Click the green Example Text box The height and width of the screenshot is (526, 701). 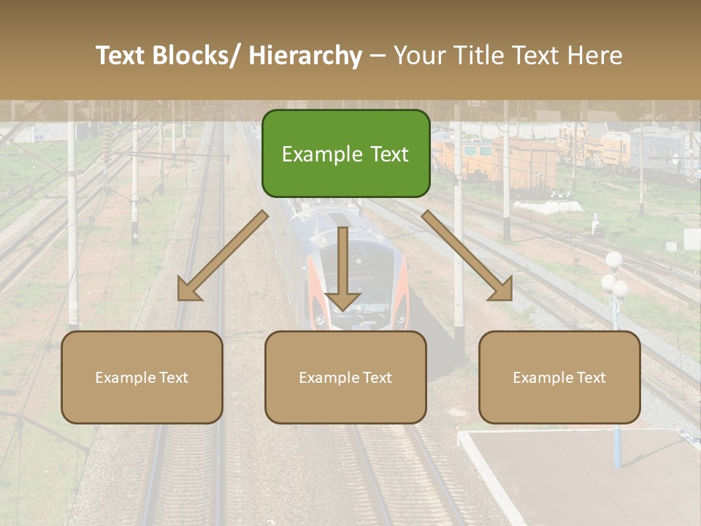coord(345,153)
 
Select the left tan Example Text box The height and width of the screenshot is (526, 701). coord(142,377)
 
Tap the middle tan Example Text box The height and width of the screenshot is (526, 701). coord(345,377)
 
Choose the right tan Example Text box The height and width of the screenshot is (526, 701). coord(559,377)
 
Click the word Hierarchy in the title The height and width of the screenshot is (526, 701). coord(305,56)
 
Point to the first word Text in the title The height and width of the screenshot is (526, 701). coord(122,56)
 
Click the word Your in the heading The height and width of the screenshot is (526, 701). coord(420,56)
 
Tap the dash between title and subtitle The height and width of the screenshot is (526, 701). coord(378,56)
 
